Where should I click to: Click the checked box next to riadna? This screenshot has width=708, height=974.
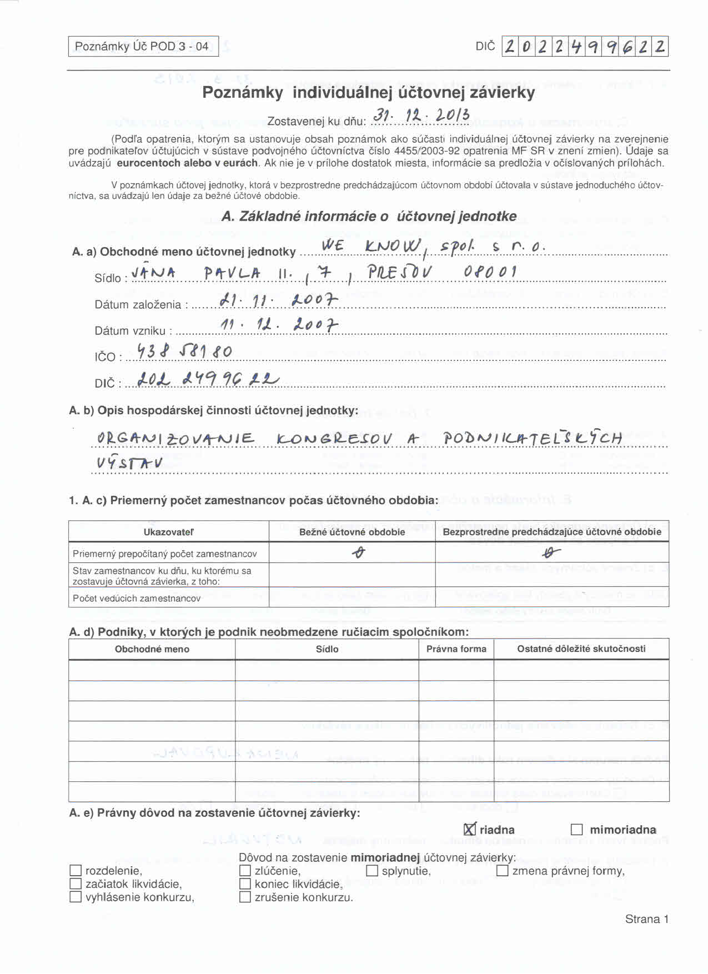tap(470, 830)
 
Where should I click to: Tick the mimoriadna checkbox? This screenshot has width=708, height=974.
tap(577, 830)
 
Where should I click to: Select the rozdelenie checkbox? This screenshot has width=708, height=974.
tap(76, 871)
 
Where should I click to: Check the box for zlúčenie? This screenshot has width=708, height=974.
tap(245, 871)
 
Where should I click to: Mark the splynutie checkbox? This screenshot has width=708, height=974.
tap(372, 871)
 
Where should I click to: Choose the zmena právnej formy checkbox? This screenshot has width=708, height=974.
tap(503, 871)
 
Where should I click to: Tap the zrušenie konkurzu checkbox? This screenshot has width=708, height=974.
tap(245, 897)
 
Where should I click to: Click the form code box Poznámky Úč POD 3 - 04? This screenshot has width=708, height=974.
tap(143, 46)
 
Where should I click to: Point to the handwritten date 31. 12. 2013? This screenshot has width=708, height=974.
tap(421, 116)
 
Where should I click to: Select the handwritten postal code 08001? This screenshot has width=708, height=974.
tap(490, 272)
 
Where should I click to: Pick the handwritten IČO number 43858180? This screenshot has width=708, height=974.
tap(184, 351)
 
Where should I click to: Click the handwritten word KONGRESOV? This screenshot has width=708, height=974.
tap(334, 439)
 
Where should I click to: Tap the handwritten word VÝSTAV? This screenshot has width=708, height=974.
tap(129, 462)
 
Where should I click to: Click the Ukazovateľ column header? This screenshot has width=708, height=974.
tap(168, 532)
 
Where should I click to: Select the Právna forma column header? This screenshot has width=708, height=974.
tap(456, 649)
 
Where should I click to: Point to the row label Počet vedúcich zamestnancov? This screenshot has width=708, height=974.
tap(137, 599)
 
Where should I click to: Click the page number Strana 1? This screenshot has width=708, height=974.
tap(646, 919)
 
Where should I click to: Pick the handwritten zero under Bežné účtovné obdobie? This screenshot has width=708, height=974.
tap(360, 553)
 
